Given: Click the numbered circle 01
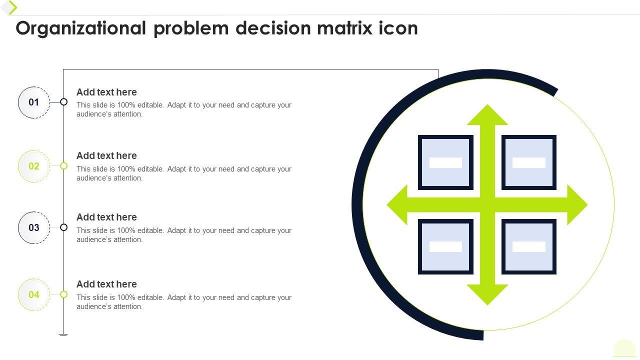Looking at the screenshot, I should coord(34,102).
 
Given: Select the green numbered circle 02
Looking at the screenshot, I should coord(34,166).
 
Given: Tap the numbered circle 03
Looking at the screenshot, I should coord(34,227).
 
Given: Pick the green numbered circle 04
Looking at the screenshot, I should coord(34,294).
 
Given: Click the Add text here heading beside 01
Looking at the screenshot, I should coord(106,92).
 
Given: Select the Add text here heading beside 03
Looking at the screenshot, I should coord(106,217).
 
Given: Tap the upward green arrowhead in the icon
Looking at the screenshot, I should coord(487,114).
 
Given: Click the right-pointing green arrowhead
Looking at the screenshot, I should coord(577,204).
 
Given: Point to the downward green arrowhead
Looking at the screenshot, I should coord(487,294).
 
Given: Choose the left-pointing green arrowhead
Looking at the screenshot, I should coord(397,204).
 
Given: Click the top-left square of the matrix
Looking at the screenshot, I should coord(445,162).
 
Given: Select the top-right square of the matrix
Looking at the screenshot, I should coord(529,162).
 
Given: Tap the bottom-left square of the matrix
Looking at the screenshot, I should coord(445,246).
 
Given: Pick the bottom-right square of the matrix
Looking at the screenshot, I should coord(529,246).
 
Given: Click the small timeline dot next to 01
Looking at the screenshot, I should coord(63,102).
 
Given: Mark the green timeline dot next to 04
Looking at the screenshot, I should coord(63,294).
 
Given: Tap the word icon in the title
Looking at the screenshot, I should coord(398,28).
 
